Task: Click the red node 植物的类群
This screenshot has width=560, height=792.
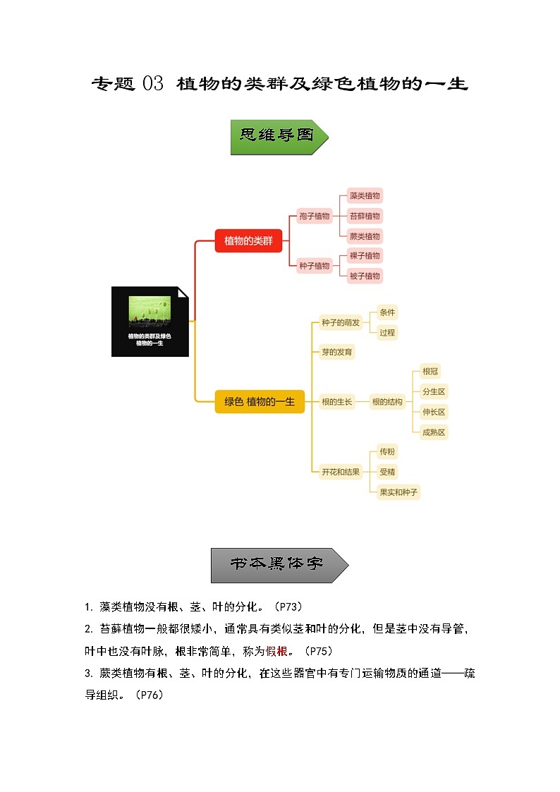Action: (x=248, y=240)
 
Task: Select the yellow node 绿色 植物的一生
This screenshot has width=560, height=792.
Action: (x=259, y=401)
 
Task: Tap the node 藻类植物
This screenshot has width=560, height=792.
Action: (x=365, y=195)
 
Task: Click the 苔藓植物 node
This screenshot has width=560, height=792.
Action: (x=365, y=216)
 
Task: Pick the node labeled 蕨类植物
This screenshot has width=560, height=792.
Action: (x=365, y=236)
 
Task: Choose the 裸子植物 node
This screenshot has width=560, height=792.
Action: (x=365, y=255)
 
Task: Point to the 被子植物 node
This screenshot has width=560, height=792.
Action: (x=365, y=276)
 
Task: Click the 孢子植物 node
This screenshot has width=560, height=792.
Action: (x=314, y=216)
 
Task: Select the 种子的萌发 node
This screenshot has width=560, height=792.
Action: (x=340, y=323)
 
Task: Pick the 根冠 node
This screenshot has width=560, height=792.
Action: (x=430, y=372)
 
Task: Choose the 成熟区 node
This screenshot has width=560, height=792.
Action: (x=434, y=432)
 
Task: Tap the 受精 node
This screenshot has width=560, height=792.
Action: (x=387, y=472)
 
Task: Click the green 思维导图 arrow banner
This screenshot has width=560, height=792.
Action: (x=279, y=137)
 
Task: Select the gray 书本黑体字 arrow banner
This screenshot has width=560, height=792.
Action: (x=279, y=565)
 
